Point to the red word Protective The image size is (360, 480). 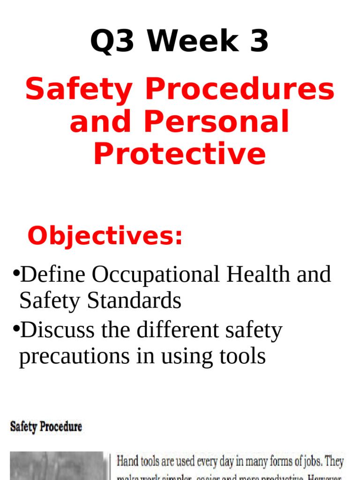180,154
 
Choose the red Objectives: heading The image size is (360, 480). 105,236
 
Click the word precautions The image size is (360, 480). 75,357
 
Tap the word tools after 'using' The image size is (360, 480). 242,356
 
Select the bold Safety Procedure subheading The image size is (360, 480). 46,427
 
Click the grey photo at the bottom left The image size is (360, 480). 56,466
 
